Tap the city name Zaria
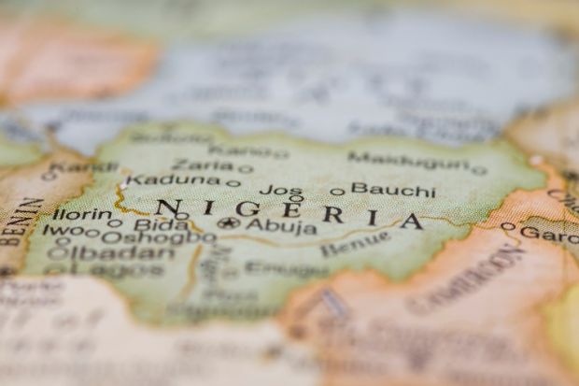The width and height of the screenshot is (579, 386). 202,164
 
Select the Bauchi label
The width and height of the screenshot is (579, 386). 392,190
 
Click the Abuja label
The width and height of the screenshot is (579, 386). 280,225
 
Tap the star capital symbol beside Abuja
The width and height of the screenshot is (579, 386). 229,223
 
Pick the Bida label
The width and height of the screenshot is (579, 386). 161,224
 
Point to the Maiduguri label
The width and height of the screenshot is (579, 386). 407,161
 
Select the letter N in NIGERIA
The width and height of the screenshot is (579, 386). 168,207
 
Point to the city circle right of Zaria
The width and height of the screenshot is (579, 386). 246,169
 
